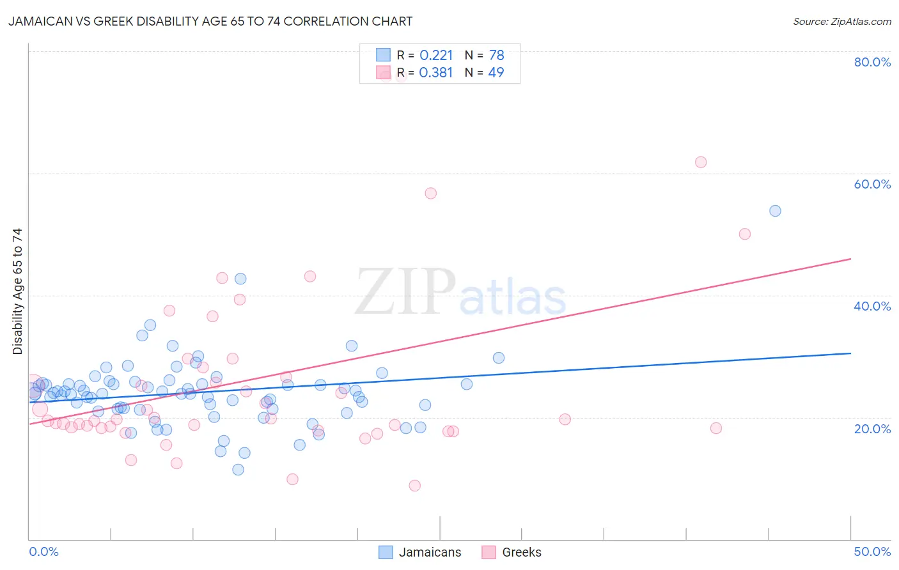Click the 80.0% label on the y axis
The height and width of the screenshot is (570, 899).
872,62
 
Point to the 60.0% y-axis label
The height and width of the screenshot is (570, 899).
872,184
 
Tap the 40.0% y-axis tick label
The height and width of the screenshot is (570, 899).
872,306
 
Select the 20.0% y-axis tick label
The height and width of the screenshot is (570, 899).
872,429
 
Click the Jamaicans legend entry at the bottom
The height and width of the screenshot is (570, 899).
420,552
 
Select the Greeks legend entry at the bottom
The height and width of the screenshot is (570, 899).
512,552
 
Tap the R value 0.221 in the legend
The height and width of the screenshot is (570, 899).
436,55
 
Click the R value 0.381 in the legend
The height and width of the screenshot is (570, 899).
436,73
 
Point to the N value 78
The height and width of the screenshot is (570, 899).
496,55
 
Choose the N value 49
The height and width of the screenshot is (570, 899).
496,73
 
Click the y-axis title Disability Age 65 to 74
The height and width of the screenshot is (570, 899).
17,291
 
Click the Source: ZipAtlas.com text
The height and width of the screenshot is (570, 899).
841,22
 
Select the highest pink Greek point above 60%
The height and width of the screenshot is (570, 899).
701,162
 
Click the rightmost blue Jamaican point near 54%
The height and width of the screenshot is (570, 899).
775,211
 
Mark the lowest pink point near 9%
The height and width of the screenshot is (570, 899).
414,486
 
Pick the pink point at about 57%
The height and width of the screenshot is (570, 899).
430,193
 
